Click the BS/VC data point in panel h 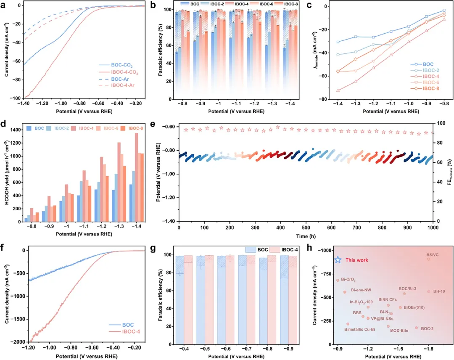(428, 259)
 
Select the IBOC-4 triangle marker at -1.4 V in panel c (338, 90)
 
